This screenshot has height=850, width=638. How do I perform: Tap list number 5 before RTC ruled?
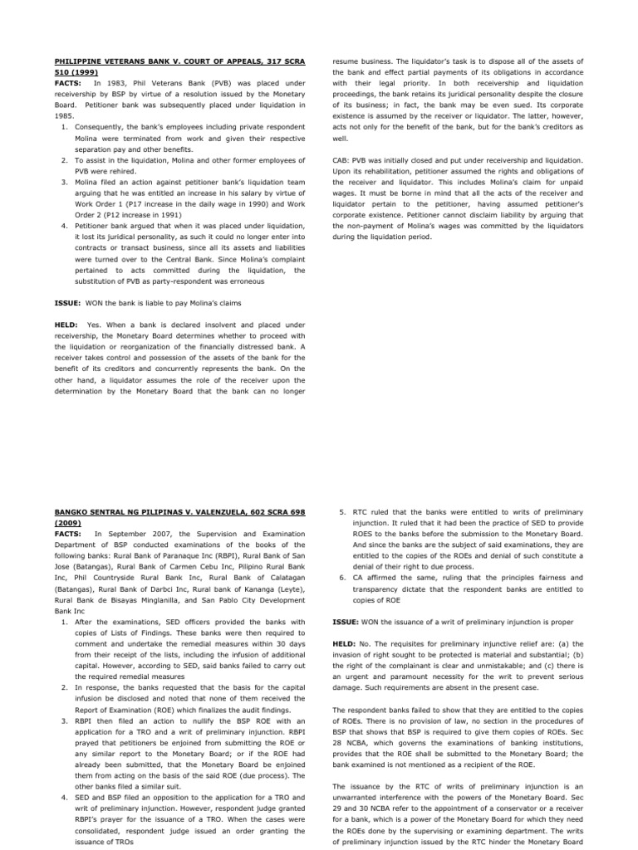[x=342, y=513]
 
